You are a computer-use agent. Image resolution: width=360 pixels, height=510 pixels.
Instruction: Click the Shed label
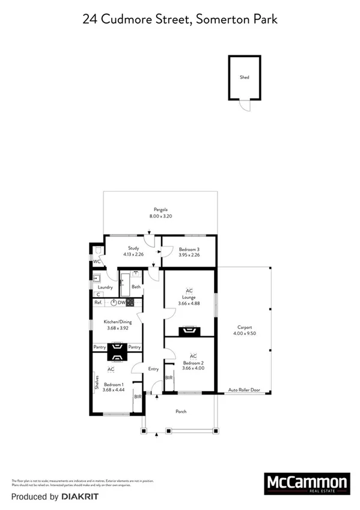coord(245,78)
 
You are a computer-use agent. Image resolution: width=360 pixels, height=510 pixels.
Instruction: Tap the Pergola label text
coord(160,210)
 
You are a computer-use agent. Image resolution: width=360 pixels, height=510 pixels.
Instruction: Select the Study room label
coord(133,248)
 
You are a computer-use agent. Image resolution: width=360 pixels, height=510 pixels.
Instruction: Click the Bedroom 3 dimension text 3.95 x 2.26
coord(189,255)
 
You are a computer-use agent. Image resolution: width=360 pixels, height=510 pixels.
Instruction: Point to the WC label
coord(96,262)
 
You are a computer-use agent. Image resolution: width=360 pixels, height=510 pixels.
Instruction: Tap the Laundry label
coord(106,287)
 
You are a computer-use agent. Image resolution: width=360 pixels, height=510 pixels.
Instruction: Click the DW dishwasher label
coord(121,303)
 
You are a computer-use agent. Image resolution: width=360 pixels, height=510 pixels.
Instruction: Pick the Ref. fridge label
coord(98,303)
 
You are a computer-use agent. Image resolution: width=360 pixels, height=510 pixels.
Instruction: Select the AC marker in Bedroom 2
coord(193,356)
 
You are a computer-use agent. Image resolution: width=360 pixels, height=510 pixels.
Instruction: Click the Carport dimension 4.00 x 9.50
coord(244,333)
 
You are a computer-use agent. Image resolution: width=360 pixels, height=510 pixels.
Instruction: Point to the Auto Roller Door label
coord(245,390)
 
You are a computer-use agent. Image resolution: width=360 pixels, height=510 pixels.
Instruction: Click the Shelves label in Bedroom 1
coord(96,382)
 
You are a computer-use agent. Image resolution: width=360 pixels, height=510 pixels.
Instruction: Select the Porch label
coord(181,411)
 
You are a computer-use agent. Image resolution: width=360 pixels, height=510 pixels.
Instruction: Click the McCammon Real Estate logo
coord(307,484)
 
